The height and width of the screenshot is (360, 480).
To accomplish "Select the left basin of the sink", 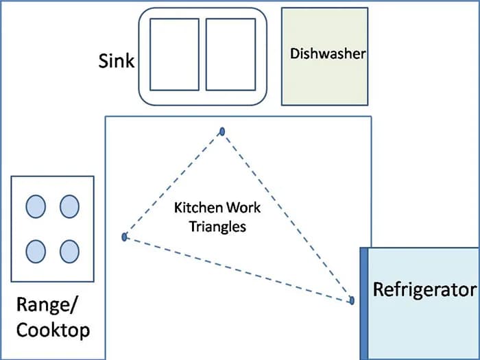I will coord(174,54).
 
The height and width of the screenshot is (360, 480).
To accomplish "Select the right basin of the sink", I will coord(231,54).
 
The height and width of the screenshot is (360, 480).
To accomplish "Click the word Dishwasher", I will coord(327,53).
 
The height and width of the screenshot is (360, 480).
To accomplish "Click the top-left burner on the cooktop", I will coord(36,206).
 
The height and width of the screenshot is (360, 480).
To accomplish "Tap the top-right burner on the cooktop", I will coord(69,206).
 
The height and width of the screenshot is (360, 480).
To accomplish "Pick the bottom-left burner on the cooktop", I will coord(36,252).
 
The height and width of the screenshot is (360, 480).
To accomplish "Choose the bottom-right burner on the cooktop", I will coord(69,252).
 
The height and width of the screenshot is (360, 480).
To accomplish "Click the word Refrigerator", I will coord(424,289).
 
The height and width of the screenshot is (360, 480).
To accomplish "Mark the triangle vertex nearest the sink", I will coord(221,131).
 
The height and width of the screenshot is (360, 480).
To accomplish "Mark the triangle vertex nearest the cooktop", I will coord(125,237).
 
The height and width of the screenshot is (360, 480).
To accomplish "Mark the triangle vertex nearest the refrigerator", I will coord(352,300).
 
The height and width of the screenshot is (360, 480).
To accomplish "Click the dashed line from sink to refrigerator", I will coord(287,215).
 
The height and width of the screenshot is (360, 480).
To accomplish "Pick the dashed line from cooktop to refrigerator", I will coord(238,269).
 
